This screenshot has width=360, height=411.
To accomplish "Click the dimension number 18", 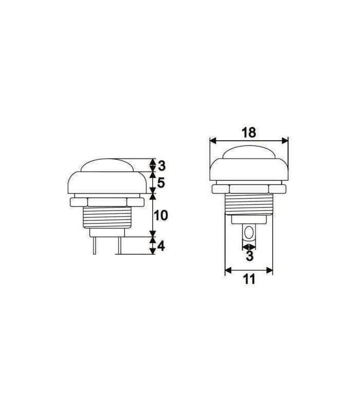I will coord(248,132).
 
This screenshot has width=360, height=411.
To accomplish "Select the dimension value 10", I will coord(161,215).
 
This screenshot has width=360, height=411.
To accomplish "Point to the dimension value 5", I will coord(161,182).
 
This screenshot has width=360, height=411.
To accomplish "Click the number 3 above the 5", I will coord(161,165).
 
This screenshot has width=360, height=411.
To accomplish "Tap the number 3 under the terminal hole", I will coord(249,255).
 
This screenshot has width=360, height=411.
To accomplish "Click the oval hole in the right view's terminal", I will coord(249,234).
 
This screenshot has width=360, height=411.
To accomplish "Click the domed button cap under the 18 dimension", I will coord(249,153).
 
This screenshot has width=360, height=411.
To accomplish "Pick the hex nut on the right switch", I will coord(249,189).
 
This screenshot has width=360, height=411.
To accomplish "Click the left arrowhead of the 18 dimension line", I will coord(212,140).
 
